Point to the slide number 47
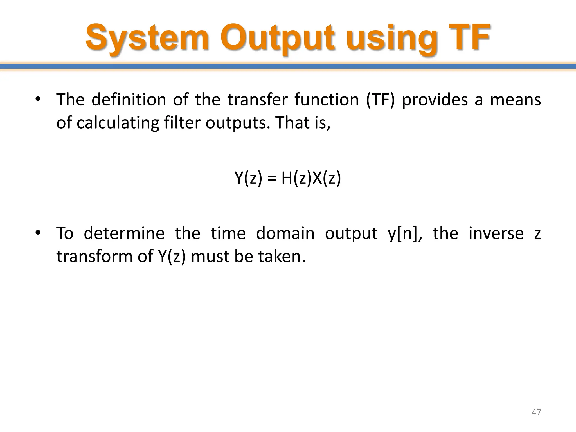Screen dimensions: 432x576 [536, 412]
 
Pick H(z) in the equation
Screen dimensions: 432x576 [296, 178]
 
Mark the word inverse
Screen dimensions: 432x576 [496, 233]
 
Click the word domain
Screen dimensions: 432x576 [285, 233]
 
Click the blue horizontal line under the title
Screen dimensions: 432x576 [288, 66]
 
